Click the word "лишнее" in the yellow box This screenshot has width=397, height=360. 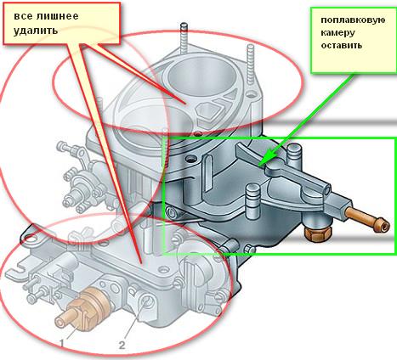58,16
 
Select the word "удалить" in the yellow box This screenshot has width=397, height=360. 36,30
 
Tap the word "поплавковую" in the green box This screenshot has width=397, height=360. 353,20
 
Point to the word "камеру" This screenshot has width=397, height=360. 337,33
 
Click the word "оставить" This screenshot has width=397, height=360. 342,45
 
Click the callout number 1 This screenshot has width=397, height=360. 61,343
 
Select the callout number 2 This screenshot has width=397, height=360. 122,345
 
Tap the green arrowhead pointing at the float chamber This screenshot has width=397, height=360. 266,158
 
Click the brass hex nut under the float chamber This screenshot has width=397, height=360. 317,232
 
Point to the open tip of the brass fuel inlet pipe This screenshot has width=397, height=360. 384,227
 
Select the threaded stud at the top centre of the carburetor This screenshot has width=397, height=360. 184,40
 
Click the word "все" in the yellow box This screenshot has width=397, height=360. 23,16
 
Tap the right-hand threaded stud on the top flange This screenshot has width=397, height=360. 251,65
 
